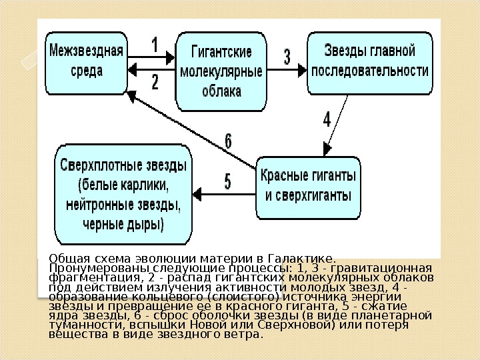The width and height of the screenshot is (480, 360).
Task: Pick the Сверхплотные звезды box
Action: [123, 193]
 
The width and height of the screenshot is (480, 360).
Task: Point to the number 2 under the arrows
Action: [155, 83]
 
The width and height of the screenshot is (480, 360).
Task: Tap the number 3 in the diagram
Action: [287, 57]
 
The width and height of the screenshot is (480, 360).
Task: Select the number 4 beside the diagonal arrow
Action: [327, 120]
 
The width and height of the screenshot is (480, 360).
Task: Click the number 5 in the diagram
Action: [228, 181]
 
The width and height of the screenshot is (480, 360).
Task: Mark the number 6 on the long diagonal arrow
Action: [228, 141]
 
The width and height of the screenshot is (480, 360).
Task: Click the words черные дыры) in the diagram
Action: [123, 222]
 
